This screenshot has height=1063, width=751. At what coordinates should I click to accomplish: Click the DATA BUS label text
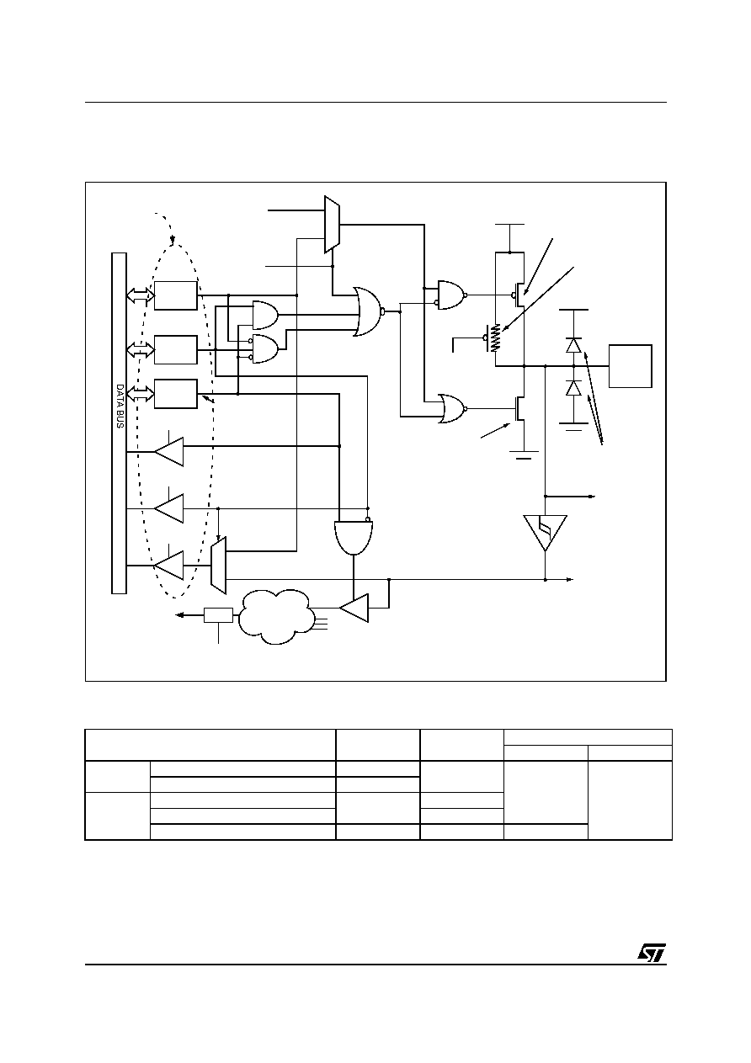120,407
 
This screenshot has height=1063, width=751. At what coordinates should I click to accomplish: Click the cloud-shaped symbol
276,616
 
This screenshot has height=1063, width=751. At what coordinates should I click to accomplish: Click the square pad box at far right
630,366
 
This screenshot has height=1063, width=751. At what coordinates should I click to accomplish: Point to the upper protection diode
573,345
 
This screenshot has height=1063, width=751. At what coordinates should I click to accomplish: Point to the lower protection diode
573,388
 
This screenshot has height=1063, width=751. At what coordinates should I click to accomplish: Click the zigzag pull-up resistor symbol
496,338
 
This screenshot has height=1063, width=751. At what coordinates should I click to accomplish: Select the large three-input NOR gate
368,311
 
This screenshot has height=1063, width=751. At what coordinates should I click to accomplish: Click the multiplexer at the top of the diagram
332,224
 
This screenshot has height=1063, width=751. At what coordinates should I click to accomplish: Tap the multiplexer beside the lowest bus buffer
218,566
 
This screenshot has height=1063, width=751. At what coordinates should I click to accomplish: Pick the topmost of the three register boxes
176,295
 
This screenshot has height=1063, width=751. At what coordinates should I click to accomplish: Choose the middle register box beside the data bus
176,350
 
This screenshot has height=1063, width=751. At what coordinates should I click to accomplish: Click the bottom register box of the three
176,393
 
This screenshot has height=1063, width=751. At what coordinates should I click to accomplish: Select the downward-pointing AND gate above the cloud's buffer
354,538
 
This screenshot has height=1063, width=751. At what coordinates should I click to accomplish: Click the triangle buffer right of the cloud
354,608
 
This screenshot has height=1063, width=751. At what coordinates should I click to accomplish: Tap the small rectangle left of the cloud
218,615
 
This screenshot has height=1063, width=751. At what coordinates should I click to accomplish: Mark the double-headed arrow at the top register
141,295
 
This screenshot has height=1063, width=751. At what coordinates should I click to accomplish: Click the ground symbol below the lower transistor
524,455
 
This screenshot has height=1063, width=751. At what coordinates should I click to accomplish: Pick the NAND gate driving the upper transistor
451,295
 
